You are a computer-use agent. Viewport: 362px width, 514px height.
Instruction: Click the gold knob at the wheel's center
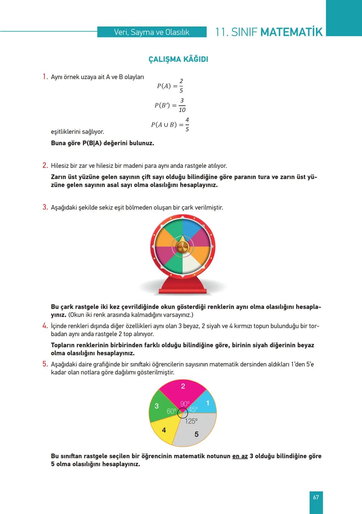pyautogui.click(x=182, y=247)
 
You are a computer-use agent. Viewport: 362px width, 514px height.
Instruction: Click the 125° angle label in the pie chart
pyautogui.click(x=191, y=421)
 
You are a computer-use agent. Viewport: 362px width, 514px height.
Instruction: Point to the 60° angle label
pyautogui.click(x=171, y=411)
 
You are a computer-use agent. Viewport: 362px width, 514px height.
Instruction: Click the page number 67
pyautogui.click(x=316, y=498)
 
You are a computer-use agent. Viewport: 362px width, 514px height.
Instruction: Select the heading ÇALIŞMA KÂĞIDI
pyautogui.click(x=178, y=59)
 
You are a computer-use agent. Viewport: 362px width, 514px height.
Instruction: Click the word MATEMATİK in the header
pyautogui.click(x=291, y=32)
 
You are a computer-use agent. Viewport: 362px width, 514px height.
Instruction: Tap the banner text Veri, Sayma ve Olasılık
pyautogui.click(x=152, y=32)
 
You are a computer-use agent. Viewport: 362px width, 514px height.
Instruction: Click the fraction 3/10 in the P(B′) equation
pyautogui.click(x=182, y=105)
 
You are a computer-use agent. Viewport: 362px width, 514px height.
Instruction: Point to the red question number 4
pyautogui.click(x=45, y=326)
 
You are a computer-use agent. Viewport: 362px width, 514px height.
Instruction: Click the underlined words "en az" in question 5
pyautogui.click(x=240, y=456)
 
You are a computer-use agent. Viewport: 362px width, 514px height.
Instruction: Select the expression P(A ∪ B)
pyautogui.click(x=164, y=125)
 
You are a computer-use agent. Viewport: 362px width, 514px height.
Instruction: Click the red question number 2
pyautogui.click(x=45, y=165)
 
